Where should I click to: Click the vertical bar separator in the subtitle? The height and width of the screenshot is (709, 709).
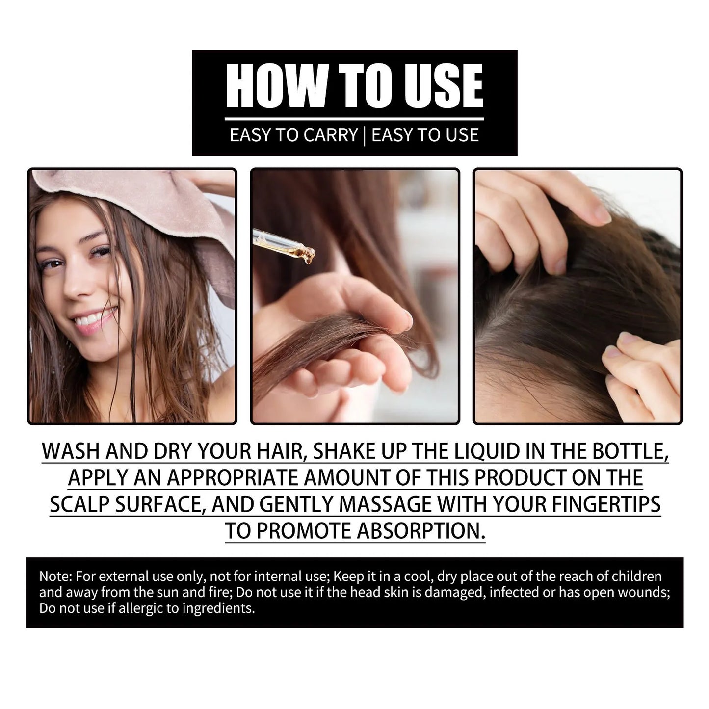(x=364, y=135)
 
